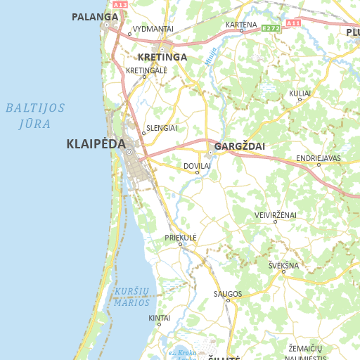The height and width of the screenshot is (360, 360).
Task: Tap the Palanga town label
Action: (94, 16)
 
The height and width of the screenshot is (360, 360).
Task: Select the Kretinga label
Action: (162, 57)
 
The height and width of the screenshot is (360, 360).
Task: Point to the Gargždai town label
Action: (239, 146)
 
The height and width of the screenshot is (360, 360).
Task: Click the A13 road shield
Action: (121, 4)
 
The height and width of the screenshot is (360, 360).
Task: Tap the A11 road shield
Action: (293, 23)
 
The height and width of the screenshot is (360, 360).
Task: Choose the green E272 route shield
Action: (271, 28)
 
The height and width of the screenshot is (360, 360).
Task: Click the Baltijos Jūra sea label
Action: (35, 116)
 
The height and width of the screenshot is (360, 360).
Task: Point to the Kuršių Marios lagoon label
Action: (132, 297)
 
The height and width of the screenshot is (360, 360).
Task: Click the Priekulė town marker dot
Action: (181, 245)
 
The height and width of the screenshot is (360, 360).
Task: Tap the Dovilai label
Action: (197, 165)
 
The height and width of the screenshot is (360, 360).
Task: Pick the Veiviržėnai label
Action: (275, 214)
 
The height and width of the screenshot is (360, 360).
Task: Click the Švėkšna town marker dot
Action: (284, 272)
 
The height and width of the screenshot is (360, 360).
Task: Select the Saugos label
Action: (228, 293)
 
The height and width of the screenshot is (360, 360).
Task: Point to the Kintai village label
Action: (160, 318)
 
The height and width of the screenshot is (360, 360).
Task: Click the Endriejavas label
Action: (318, 158)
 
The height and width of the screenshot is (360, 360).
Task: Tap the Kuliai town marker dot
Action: (300, 100)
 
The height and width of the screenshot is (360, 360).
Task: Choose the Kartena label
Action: (240, 25)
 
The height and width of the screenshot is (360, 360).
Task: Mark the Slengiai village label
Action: (162, 128)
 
